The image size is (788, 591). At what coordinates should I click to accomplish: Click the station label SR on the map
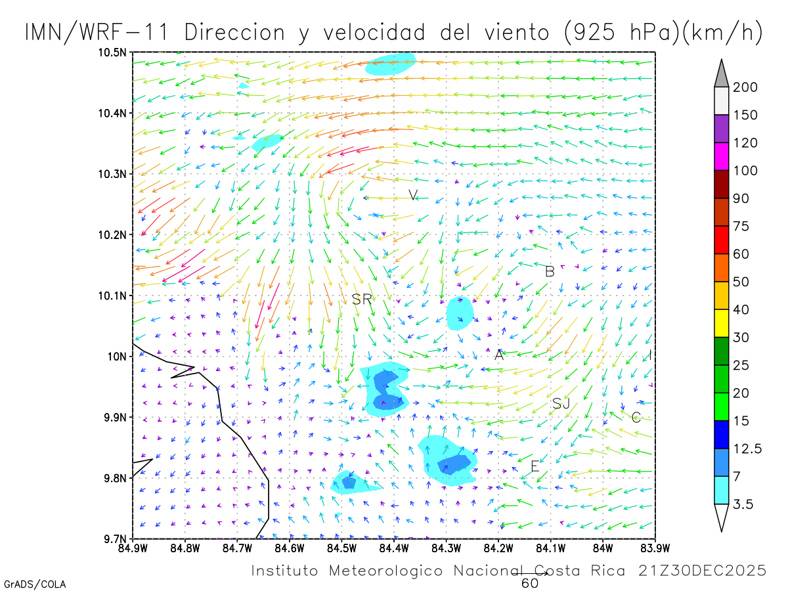(362, 299)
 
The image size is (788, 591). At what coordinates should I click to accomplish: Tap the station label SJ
(561, 404)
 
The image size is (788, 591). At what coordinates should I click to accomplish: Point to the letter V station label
(413, 195)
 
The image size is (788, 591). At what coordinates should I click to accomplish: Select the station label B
(550, 271)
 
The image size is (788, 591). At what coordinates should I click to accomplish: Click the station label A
(499, 355)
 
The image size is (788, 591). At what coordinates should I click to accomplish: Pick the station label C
(636, 417)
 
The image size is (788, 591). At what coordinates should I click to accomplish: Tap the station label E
(535, 466)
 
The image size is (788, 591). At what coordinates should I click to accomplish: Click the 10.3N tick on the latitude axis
(112, 174)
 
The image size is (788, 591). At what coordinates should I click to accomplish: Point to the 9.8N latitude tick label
(114, 478)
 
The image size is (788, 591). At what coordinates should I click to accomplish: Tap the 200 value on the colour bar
(745, 87)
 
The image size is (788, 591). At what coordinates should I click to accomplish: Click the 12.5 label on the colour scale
(748, 449)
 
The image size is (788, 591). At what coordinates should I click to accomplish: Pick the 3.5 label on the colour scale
(743, 504)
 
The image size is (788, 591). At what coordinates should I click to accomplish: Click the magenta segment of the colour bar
(722, 156)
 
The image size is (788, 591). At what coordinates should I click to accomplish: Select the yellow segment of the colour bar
(722, 323)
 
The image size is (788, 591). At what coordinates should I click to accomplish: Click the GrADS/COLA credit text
(35, 584)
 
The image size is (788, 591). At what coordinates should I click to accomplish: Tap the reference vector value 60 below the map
(530, 582)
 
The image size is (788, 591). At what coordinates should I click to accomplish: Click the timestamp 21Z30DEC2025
(702, 571)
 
